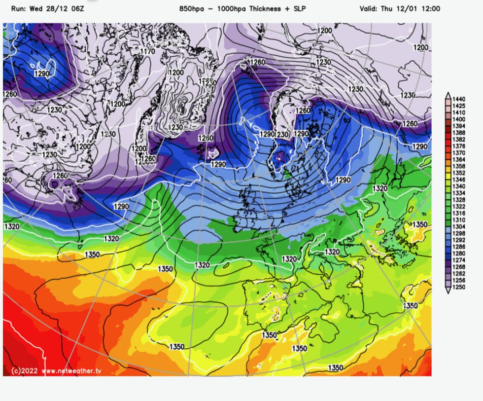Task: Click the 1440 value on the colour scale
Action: (459, 99)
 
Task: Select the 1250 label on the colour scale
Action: (459, 287)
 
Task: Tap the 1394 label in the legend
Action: (459, 126)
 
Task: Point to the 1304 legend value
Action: (459, 226)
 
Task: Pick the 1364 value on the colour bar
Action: (459, 159)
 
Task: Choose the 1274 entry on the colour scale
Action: (459, 260)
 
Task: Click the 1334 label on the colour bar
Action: (459, 193)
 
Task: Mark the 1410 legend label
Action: (459, 112)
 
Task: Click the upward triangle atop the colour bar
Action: (448, 94)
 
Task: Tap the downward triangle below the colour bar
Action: (448, 291)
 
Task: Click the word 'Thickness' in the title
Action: (267, 9)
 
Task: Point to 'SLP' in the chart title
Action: (299, 9)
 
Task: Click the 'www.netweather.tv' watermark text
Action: (71, 370)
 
